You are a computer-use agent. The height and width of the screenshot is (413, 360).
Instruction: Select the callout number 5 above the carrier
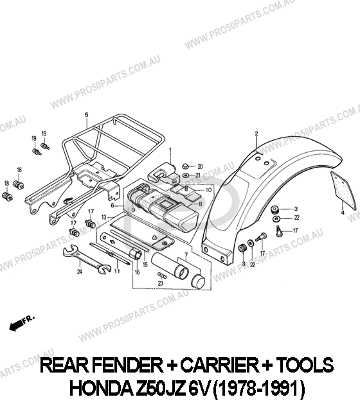[x=86, y=115]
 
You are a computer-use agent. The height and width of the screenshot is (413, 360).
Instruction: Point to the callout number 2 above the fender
[x=256, y=134]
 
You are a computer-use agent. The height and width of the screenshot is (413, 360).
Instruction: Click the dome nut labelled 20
[x=186, y=166]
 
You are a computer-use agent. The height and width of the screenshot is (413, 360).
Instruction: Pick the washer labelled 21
[x=186, y=175]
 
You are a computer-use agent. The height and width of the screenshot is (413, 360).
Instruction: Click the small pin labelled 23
[x=161, y=276]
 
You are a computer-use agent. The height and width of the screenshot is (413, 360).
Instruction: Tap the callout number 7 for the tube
[x=186, y=255]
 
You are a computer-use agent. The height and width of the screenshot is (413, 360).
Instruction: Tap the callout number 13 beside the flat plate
[x=104, y=217]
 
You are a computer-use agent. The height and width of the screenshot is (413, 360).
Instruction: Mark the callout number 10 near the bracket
[x=208, y=190]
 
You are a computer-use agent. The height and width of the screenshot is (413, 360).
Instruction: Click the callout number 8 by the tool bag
[x=201, y=204]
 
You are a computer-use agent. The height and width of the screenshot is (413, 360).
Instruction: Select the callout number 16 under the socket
[x=137, y=272]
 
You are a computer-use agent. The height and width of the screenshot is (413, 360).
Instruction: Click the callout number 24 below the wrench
[x=79, y=272]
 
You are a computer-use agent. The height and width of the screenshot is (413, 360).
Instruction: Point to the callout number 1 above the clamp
[x=170, y=150]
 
